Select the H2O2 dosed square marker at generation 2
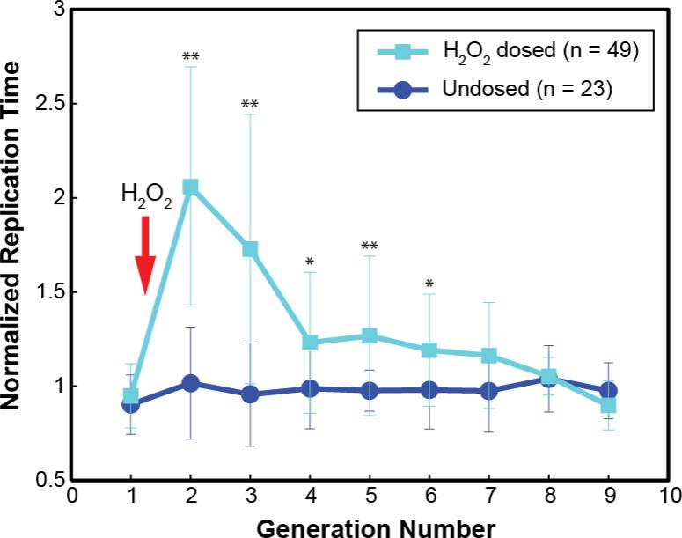tap(190, 187)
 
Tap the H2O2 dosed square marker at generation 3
tap(250, 249)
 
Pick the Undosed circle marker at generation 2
tap(190, 383)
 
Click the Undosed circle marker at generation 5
tap(370, 390)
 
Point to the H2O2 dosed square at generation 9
tap(608, 405)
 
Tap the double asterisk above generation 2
tap(190, 58)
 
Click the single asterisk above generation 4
tap(310, 262)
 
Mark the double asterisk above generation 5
tap(370, 246)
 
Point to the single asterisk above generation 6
tap(429, 284)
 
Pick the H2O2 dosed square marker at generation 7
tap(488, 356)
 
